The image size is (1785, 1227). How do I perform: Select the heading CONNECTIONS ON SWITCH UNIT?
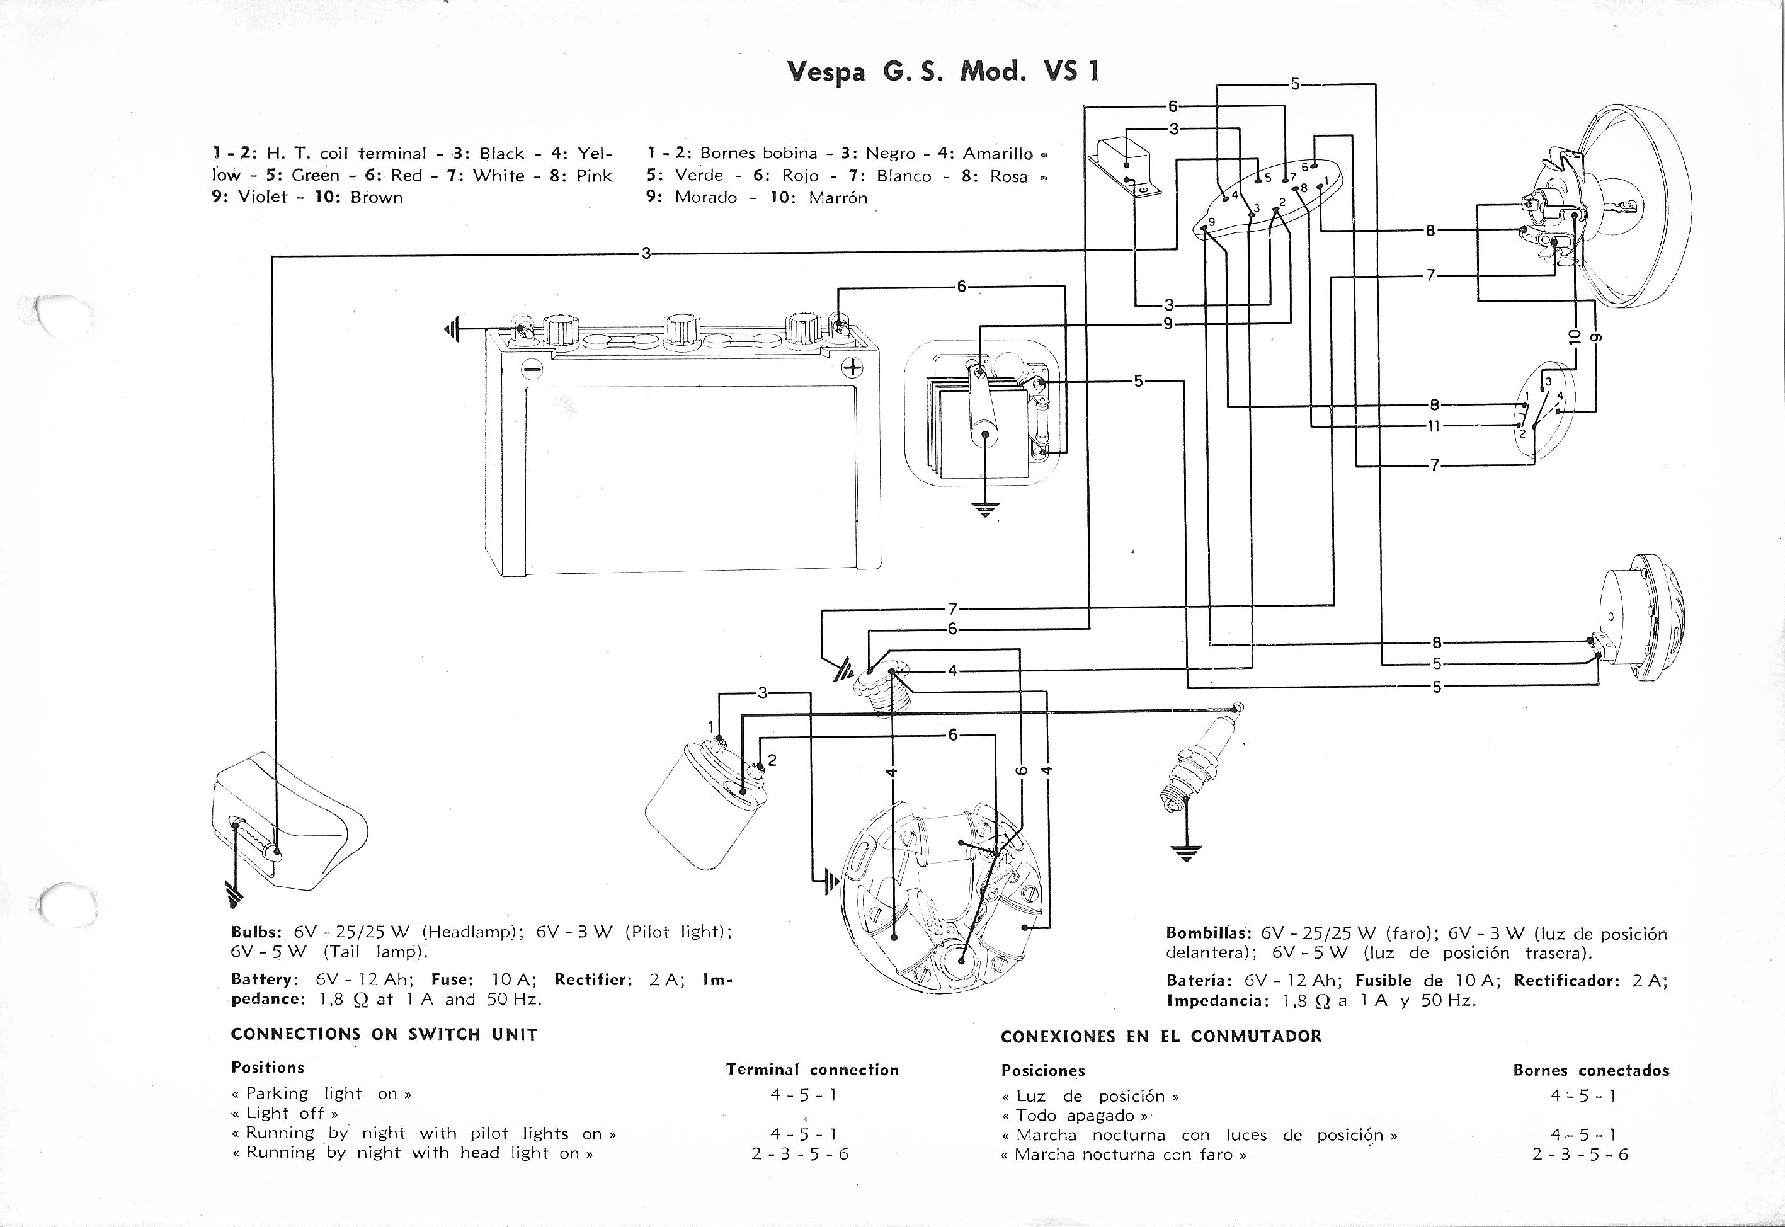click(x=384, y=1034)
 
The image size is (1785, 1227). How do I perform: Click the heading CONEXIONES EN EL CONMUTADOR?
click(x=1161, y=1036)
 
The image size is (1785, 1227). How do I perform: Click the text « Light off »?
click(x=285, y=1113)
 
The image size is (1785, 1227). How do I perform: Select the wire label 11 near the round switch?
click(x=1434, y=426)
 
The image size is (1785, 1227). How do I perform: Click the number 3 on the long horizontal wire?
click(x=646, y=253)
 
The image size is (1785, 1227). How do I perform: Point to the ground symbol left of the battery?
click(x=450, y=331)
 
